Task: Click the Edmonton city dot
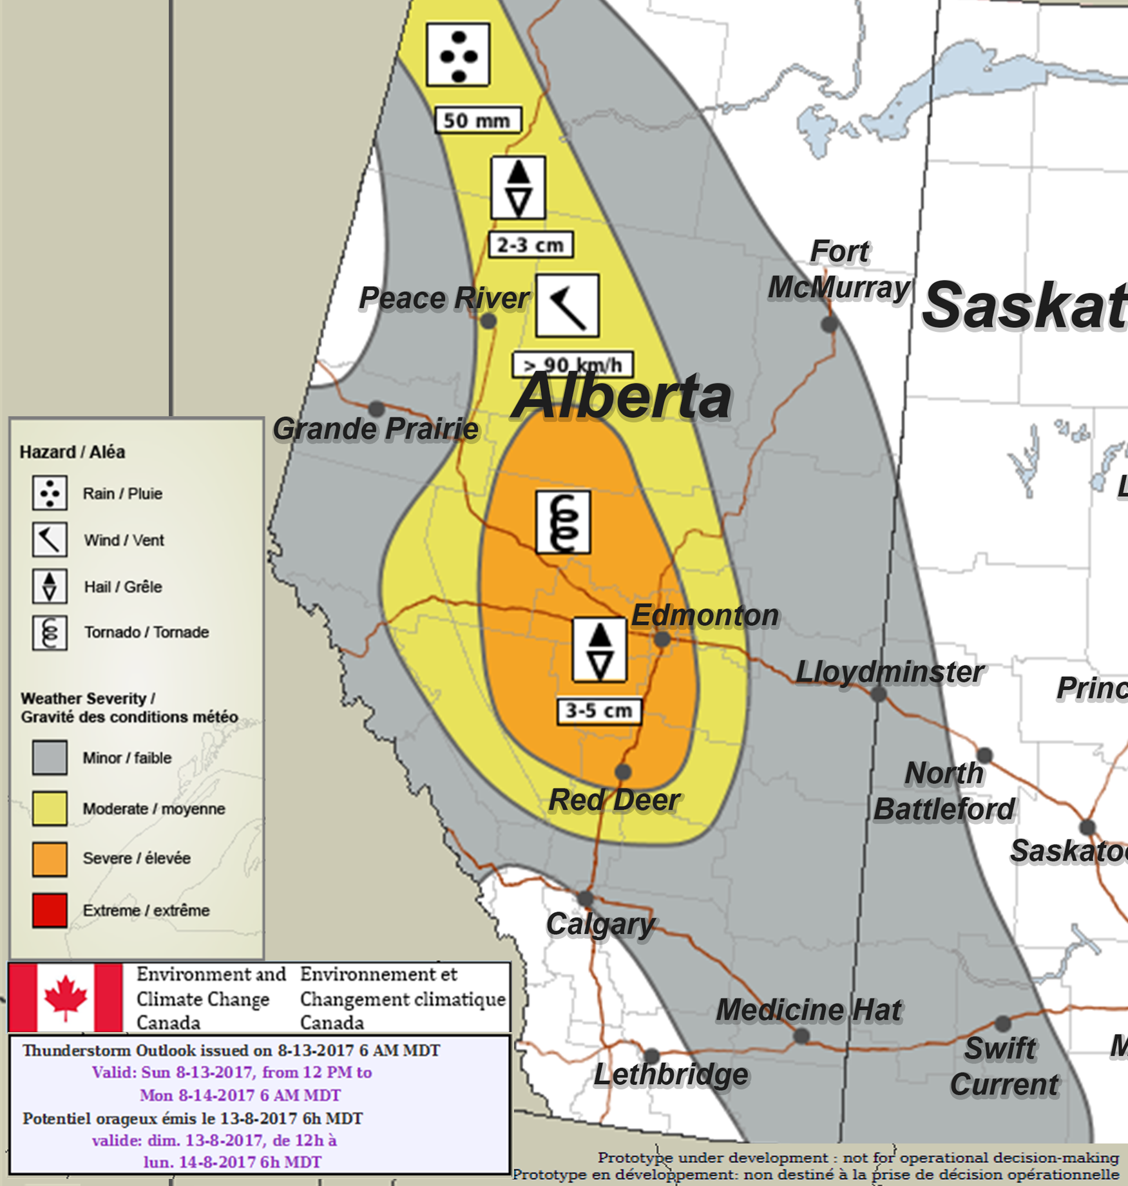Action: click(662, 639)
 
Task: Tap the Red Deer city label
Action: click(614, 800)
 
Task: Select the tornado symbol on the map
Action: click(563, 522)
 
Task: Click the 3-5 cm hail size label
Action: click(598, 711)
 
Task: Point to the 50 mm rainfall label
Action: click(477, 120)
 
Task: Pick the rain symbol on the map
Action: click(458, 55)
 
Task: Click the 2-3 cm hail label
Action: click(530, 245)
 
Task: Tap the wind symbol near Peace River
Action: click(567, 305)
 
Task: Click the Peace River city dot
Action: click(488, 320)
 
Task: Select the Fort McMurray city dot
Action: click(830, 323)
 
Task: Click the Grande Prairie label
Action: click(376, 429)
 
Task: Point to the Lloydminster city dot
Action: click(878, 694)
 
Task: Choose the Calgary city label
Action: click(600, 924)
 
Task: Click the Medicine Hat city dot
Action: click(801, 1036)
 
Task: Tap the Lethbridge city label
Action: click(671, 1074)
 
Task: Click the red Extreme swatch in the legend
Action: click(50, 910)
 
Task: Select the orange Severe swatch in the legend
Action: click(50, 859)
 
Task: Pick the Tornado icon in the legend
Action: click(50, 632)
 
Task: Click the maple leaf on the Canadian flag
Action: click(65, 997)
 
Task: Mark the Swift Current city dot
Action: click(1002, 1023)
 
